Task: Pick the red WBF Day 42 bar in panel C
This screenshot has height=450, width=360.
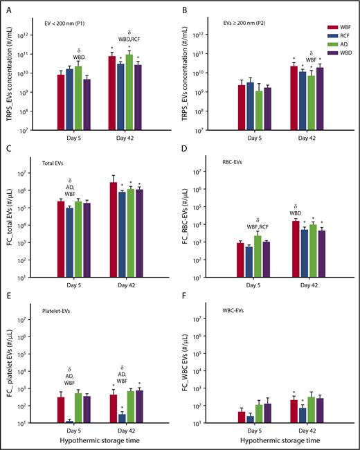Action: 111,230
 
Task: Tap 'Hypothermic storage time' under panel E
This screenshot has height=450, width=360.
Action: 95,439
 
